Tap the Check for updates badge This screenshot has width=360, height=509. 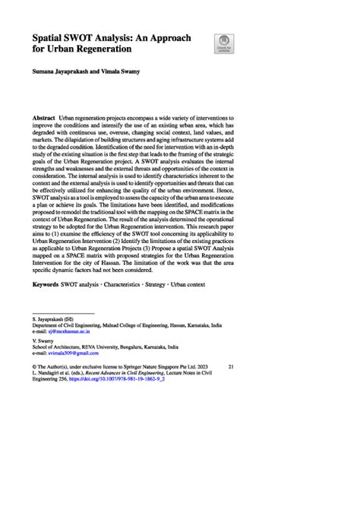click(x=224, y=43)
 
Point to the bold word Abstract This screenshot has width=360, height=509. click(x=44, y=121)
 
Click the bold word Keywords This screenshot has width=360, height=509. click(x=49, y=284)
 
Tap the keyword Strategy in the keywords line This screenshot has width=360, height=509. click(x=167, y=284)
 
